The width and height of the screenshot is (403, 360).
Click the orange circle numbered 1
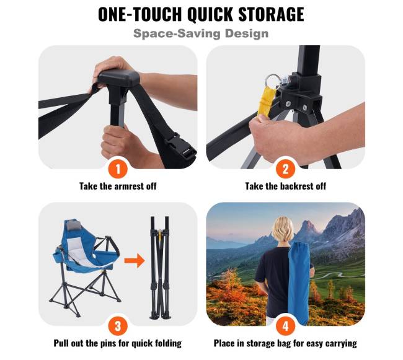(x=118, y=169)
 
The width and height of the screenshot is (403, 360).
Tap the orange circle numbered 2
(x=286, y=169)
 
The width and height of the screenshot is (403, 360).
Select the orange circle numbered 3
(x=118, y=326)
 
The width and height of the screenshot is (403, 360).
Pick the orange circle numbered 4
(x=286, y=326)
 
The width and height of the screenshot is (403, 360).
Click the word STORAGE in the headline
(x=271, y=14)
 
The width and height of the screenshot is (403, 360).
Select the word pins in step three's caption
(x=107, y=343)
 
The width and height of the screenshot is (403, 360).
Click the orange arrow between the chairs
(x=135, y=260)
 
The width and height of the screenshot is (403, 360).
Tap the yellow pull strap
(x=266, y=102)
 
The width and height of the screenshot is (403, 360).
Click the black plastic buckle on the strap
(x=180, y=146)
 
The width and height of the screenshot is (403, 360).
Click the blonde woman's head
(x=283, y=229)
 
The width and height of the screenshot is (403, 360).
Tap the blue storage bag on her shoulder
(x=299, y=283)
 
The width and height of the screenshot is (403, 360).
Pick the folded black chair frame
(x=160, y=268)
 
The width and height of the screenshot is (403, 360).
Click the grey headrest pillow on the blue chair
(x=73, y=226)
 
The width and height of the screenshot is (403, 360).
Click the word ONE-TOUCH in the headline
(x=140, y=14)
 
